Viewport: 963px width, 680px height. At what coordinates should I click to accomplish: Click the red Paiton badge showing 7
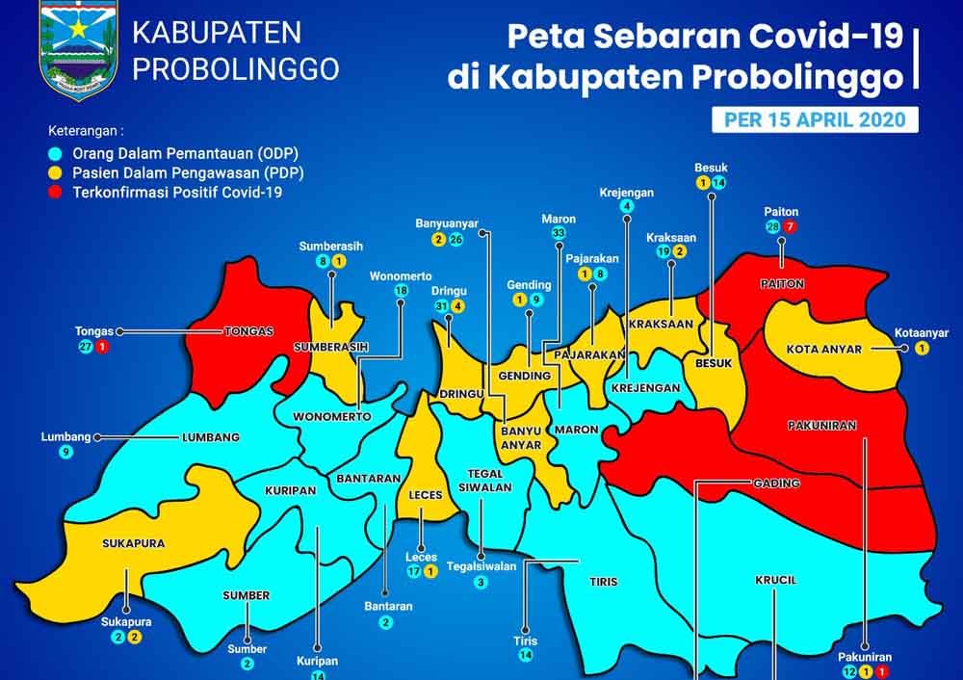pyautogui.click(x=791, y=226)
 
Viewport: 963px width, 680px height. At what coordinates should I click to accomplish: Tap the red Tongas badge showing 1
pyautogui.click(x=101, y=346)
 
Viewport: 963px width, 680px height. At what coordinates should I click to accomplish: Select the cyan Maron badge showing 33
pyautogui.click(x=559, y=233)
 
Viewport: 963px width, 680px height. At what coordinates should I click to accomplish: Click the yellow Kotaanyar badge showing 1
pyautogui.click(x=922, y=348)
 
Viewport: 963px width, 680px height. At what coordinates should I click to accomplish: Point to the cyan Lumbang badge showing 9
pyautogui.click(x=66, y=451)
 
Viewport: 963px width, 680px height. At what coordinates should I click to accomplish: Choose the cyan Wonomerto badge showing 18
pyautogui.click(x=401, y=291)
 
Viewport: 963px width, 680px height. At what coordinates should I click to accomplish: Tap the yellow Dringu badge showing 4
pyautogui.click(x=458, y=306)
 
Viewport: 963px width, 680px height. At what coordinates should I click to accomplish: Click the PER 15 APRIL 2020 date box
pyautogui.click(x=808, y=119)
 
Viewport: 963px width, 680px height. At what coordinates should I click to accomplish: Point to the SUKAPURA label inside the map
pyautogui.click(x=133, y=543)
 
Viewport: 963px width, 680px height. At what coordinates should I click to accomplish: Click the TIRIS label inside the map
pyautogui.click(x=604, y=582)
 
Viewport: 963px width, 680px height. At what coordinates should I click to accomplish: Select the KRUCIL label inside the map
pyautogui.click(x=776, y=580)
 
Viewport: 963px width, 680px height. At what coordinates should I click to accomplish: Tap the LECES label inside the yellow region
pyautogui.click(x=425, y=495)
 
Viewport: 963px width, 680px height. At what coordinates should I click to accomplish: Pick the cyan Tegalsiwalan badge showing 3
pyautogui.click(x=481, y=583)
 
